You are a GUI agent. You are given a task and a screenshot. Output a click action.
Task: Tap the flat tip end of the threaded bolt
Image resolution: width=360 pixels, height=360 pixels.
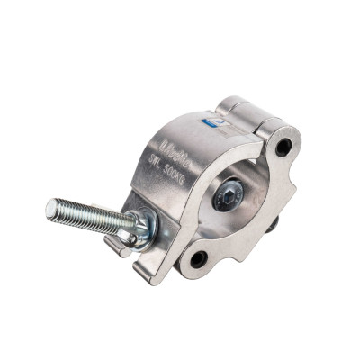click(x=49, y=208)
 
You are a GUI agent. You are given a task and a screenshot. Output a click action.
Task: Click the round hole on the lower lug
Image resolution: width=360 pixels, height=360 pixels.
click(x=198, y=260)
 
